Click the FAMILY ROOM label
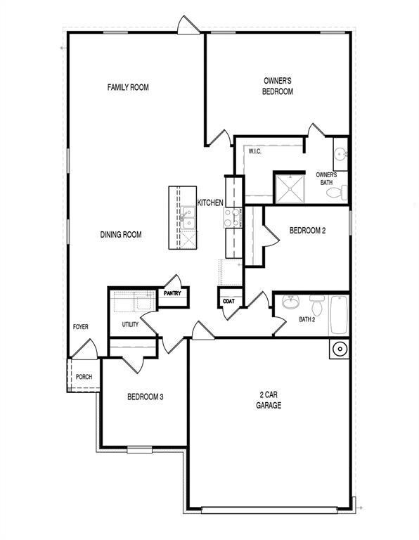pyautogui.click(x=128, y=88)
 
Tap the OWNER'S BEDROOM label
pyautogui.click(x=277, y=86)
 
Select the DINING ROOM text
pyautogui.click(x=121, y=235)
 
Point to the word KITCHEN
pyautogui.click(x=210, y=202)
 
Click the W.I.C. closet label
pyautogui.click(x=254, y=151)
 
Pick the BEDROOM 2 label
pyautogui.click(x=308, y=231)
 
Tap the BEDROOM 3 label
pyautogui.click(x=145, y=397)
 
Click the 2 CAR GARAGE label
pyautogui.click(x=269, y=400)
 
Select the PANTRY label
pyautogui.click(x=173, y=293)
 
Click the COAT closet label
pyautogui.click(x=228, y=301)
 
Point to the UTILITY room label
pyautogui.click(x=130, y=324)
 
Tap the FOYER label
pyautogui.click(x=81, y=328)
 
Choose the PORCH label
pyautogui.click(x=83, y=377)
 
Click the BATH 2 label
pyautogui.click(x=307, y=319)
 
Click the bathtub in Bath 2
pyautogui.click(x=338, y=314)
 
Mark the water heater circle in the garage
pyautogui.click(x=339, y=349)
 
